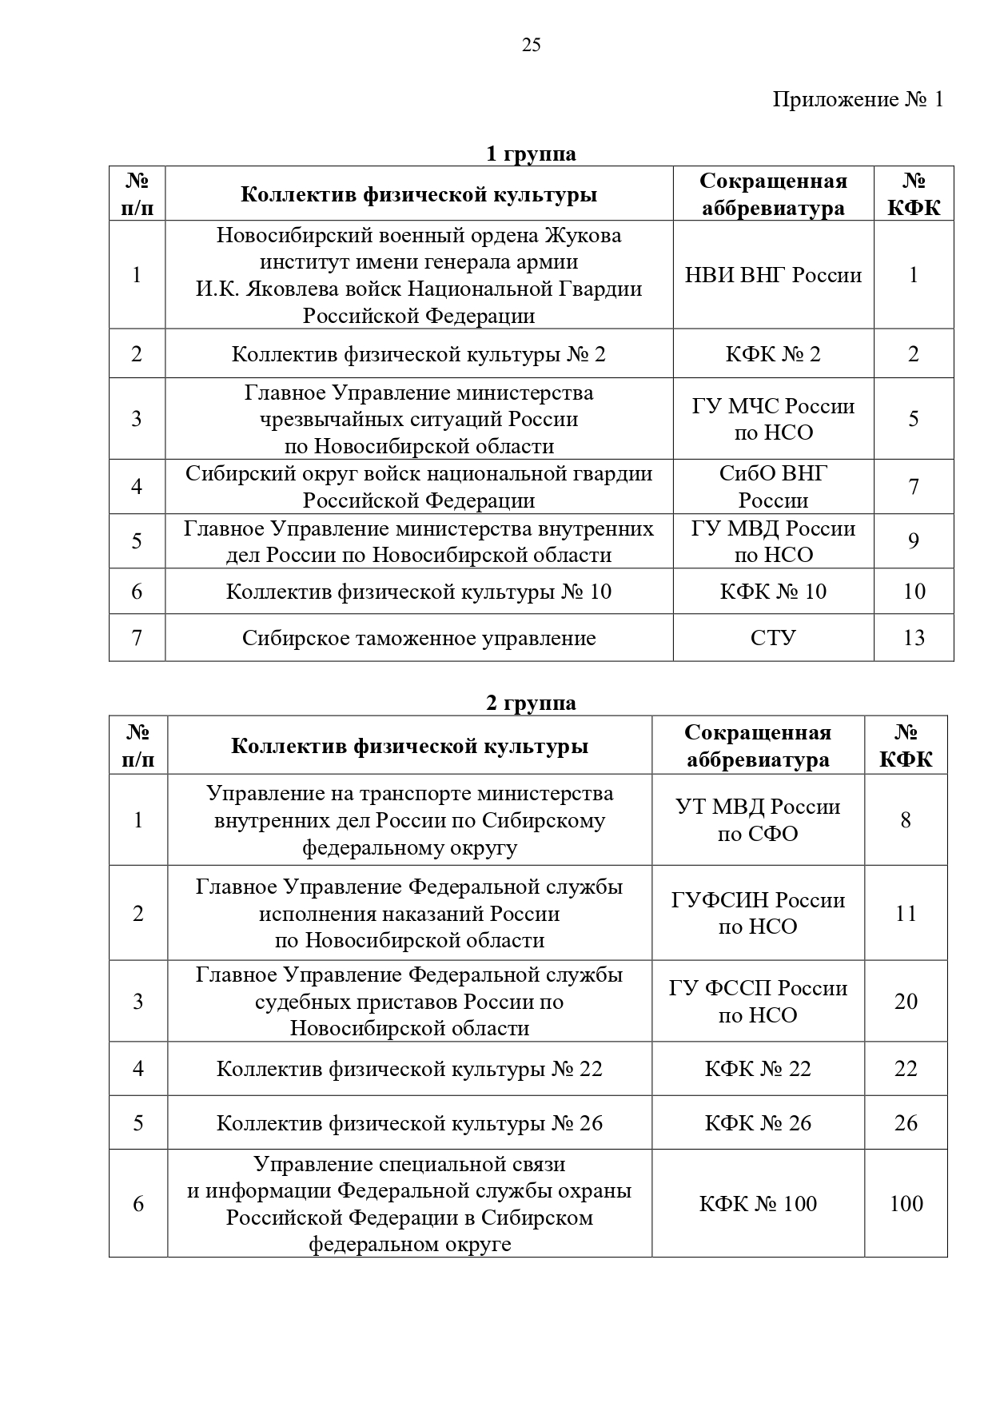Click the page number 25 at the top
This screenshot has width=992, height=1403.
[531, 46]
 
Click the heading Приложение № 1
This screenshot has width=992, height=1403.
[858, 99]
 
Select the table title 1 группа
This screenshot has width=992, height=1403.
[531, 153]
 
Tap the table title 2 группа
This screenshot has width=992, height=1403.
[531, 703]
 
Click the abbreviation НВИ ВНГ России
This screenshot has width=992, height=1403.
[773, 275]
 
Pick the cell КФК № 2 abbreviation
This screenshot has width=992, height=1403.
[773, 354]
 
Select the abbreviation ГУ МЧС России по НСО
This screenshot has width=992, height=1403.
[773, 419]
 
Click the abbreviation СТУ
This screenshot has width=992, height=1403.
[773, 638]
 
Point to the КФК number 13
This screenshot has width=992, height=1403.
[914, 638]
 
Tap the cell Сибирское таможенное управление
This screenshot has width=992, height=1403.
[419, 638]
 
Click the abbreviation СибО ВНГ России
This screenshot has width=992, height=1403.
[773, 487]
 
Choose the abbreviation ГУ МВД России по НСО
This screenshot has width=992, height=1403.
[773, 541]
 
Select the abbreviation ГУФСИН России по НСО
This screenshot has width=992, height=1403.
[758, 913]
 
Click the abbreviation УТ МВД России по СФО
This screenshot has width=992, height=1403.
[758, 820]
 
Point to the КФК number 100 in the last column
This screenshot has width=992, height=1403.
[906, 1203]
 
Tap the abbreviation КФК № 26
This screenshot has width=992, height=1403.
[758, 1123]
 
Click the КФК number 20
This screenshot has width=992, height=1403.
[906, 1001]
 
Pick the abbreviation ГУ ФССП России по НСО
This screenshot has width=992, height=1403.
[758, 1001]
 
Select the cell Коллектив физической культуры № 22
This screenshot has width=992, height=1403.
[409, 1069]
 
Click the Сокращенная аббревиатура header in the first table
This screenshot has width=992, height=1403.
[773, 194]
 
